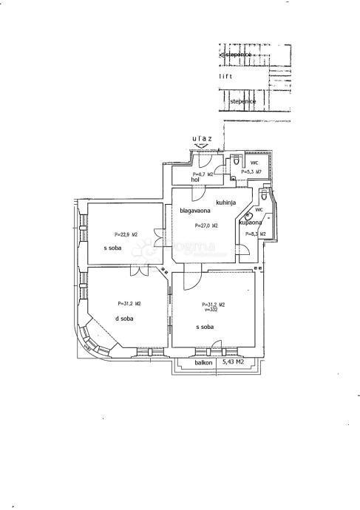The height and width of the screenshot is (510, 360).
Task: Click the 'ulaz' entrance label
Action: (203, 138)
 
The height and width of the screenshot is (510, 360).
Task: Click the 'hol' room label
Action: (196, 180)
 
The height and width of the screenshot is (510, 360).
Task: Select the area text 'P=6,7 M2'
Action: (202, 174)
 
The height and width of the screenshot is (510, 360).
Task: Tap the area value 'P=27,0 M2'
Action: (206, 225)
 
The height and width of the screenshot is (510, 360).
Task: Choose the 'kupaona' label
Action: (250, 222)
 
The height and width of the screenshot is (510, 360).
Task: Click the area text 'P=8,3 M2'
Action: (254, 234)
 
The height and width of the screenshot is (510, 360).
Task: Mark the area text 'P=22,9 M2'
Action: (118, 234)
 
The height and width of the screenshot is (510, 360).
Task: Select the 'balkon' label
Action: (204, 362)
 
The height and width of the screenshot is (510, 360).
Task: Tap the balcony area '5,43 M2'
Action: (234, 362)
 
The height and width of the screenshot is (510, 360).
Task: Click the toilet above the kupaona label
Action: (264, 196)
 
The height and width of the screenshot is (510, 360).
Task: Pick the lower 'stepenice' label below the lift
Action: (242, 101)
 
